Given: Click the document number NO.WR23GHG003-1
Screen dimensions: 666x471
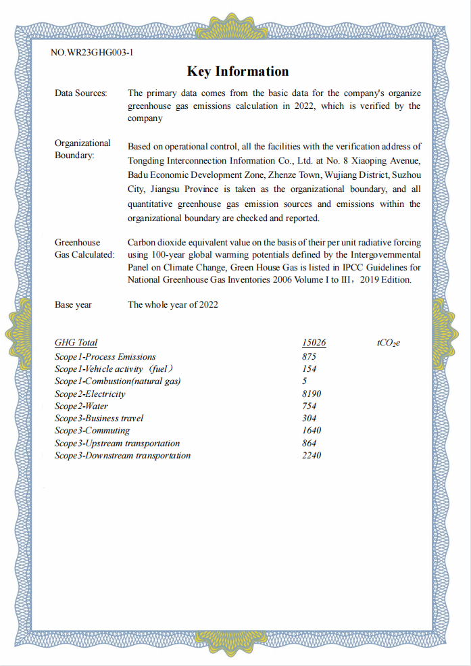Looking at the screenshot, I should pos(92,52).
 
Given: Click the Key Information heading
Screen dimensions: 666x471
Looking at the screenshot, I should pos(237,72).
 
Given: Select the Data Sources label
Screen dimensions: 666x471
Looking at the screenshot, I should pos(80,93).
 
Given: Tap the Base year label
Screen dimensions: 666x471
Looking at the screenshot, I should pos(73,305).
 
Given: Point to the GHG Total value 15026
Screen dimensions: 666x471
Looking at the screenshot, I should pos(314,343).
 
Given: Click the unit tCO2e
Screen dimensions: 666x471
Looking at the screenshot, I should pos(389,343).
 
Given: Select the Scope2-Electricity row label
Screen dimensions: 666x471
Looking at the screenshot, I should pos(90,394).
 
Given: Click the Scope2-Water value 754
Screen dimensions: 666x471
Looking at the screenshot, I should pos(309,406).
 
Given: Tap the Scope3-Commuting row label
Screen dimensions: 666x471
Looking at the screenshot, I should pos(92,431).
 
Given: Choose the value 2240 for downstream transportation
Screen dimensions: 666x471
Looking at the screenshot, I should pos(312,455).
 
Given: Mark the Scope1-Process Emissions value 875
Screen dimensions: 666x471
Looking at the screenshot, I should pos(309,356).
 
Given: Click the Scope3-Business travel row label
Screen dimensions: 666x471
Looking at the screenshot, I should pos(99,419).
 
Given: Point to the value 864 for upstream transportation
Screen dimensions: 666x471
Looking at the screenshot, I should pos(309,443).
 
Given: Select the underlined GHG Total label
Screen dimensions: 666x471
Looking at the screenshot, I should pos(76,343).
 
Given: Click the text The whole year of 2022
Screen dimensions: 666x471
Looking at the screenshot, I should pos(172,305).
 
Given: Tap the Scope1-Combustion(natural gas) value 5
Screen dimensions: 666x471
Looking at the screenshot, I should pos(305,381).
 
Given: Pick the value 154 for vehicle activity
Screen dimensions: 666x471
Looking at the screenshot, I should pos(309,368).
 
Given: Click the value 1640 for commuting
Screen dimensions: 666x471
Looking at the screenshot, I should pos(312,431).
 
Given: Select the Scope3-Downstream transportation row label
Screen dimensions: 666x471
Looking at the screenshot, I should pos(122,455).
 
